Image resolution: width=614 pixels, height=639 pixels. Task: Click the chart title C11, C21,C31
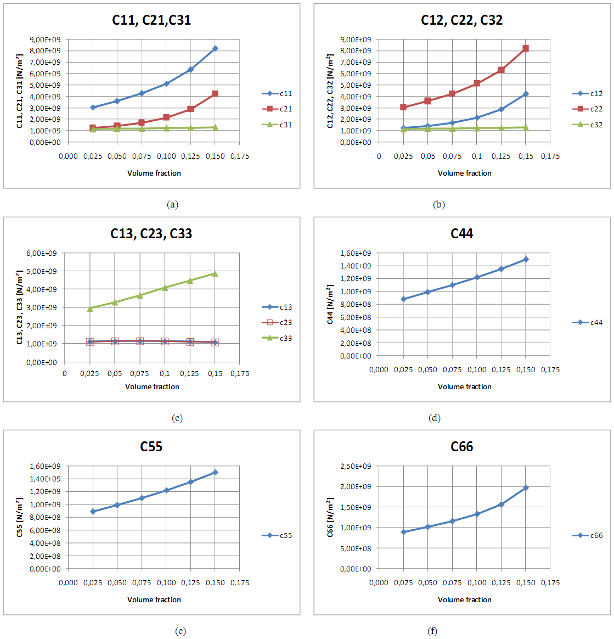151,20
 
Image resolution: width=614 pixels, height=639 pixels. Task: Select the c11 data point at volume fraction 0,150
215,49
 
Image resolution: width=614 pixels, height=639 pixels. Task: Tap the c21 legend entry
277,109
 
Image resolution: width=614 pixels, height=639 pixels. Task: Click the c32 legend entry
588,125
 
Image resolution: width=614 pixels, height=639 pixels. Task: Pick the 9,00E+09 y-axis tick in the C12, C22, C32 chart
356,40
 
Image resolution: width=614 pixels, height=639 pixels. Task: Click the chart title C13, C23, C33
151,234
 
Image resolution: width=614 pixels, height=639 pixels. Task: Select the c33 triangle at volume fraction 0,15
215,273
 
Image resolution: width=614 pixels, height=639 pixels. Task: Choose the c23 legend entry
277,323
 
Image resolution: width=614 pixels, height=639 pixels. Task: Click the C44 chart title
461,234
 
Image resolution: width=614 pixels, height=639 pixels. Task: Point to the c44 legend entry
588,323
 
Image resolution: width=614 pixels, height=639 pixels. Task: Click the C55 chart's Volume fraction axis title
154,599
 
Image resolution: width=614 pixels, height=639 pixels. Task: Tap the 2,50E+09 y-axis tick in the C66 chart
356,466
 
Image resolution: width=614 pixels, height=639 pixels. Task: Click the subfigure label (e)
180,631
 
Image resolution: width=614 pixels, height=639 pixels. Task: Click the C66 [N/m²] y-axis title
330,517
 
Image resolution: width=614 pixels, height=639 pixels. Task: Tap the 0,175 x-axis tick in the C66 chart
550,582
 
